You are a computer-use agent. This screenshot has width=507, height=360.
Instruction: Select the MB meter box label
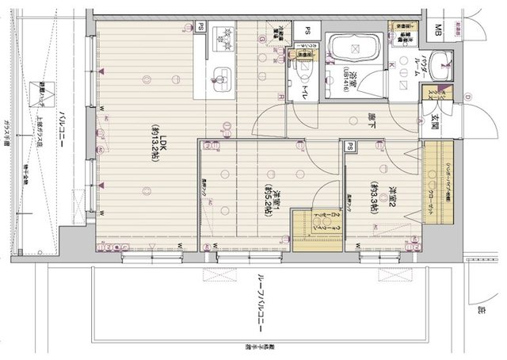click(439, 32)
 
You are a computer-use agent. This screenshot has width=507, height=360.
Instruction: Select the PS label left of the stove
click(200, 26)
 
